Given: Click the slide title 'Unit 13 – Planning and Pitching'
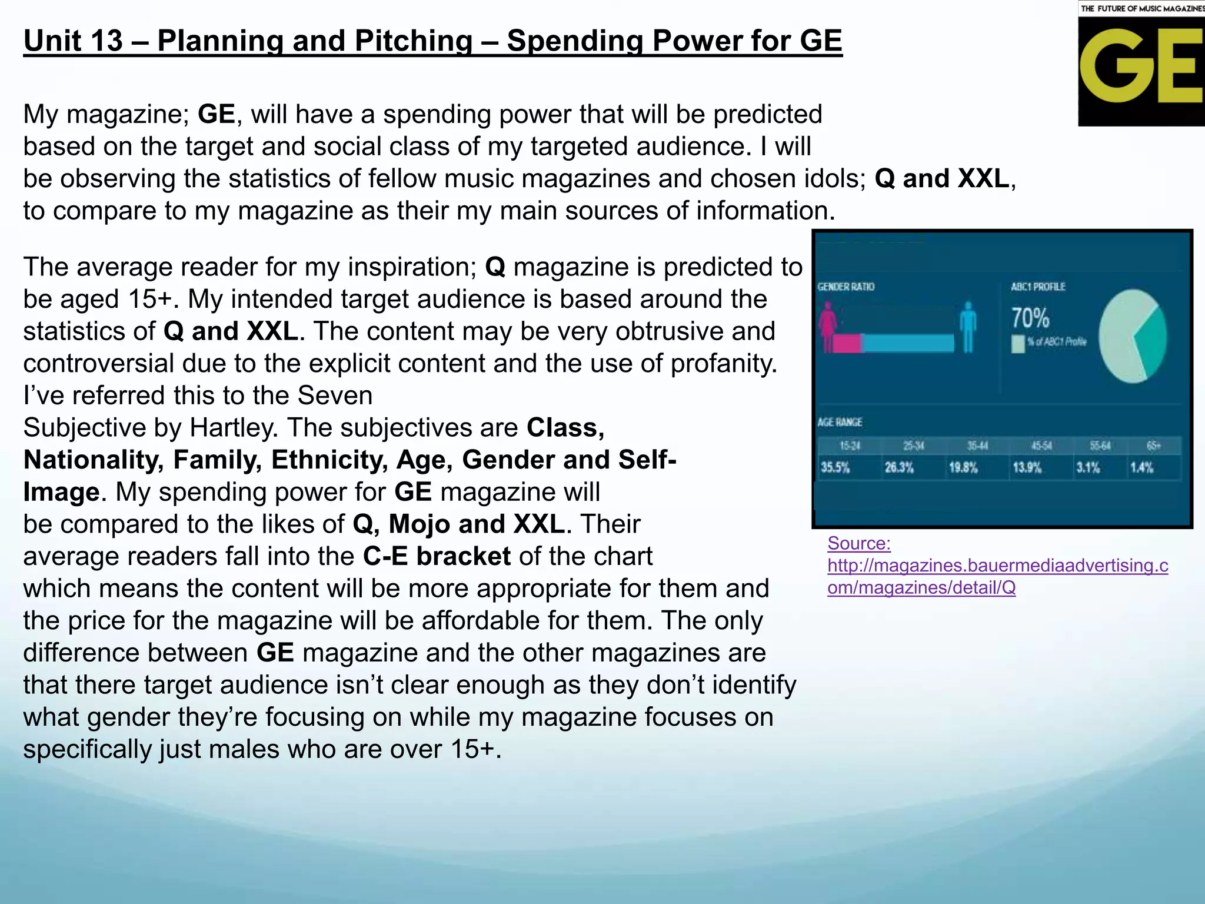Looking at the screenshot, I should [x=432, y=41].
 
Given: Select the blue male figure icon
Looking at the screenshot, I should [x=967, y=327].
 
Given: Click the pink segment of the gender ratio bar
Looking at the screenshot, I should [x=847, y=343].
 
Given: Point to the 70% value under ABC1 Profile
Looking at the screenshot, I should [x=1030, y=318].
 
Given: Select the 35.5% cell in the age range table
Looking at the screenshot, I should [x=835, y=468].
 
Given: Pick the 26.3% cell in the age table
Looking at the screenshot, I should [x=899, y=468].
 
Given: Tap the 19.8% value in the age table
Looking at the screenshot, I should [x=963, y=468].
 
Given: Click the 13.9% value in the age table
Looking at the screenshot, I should [x=1027, y=468].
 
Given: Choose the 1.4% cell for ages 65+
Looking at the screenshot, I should [x=1141, y=468].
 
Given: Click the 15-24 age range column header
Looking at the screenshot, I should [x=850, y=446].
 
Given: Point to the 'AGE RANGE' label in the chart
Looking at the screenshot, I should [x=840, y=423].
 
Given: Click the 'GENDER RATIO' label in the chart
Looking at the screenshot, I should [x=846, y=287].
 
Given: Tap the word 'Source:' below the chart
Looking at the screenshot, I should [x=859, y=543].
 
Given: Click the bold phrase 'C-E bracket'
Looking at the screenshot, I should [x=437, y=556].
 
